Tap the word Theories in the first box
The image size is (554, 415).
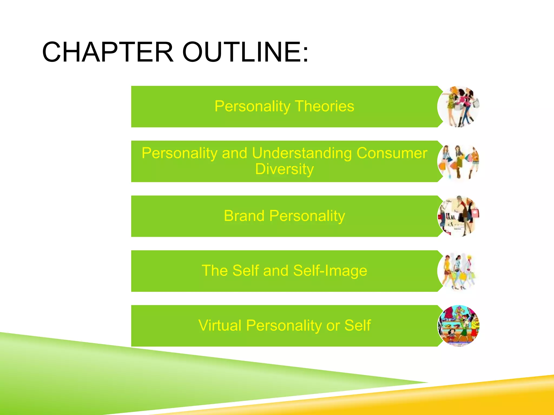click(324, 106)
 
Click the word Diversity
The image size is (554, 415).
click(284, 169)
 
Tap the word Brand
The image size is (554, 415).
click(244, 216)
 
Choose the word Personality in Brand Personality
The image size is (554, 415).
click(307, 216)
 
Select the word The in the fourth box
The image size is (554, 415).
click(215, 270)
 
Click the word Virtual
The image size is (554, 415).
click(220, 325)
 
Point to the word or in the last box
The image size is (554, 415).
click(333, 326)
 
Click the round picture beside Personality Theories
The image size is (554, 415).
click(459, 107)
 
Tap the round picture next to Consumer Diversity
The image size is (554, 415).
click(459, 162)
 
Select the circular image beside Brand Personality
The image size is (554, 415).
click(459, 216)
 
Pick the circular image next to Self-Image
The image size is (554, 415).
click(459, 271)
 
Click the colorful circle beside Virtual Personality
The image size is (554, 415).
click(459, 326)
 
